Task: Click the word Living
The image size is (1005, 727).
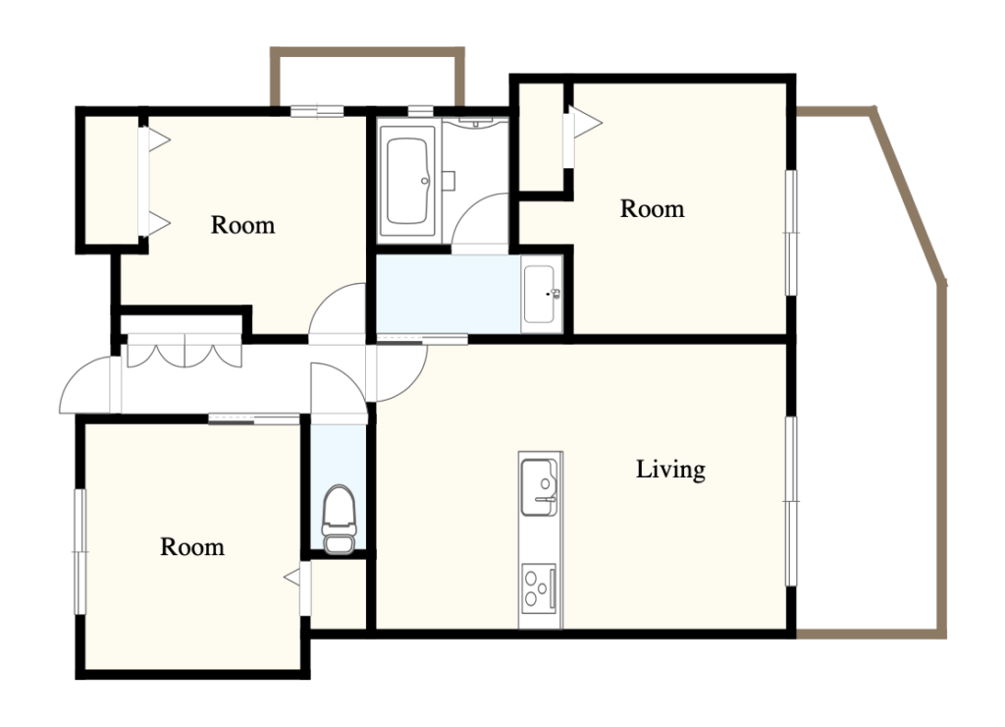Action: (x=670, y=470)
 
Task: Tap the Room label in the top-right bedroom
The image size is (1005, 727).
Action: (x=652, y=209)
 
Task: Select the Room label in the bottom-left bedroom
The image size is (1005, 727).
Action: (x=192, y=546)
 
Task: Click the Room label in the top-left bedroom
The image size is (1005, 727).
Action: (x=243, y=225)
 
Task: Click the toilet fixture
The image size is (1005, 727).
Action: (x=339, y=519)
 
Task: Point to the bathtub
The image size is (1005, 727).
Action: (x=407, y=181)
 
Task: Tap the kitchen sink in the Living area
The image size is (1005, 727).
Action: (x=539, y=487)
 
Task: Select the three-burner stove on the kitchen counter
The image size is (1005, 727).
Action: (x=539, y=587)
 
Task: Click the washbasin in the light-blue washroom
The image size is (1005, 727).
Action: (x=542, y=294)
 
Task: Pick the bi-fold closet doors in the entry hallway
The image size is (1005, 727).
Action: (x=185, y=351)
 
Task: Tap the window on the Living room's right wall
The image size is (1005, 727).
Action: (x=792, y=501)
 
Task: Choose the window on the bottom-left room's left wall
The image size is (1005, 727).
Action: (x=80, y=552)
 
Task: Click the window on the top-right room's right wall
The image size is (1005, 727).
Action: (x=792, y=232)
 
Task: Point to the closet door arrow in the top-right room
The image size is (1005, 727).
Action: (x=587, y=122)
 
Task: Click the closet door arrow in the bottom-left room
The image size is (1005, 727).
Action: (x=292, y=578)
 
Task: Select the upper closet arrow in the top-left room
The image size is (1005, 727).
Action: (x=159, y=140)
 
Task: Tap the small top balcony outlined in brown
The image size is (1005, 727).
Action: (x=367, y=76)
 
